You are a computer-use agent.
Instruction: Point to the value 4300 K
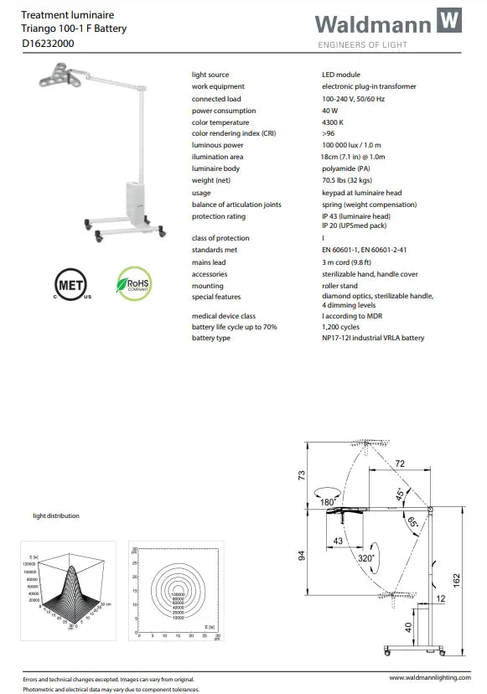coord(334,122)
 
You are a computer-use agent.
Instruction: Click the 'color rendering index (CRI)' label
coord(233,134)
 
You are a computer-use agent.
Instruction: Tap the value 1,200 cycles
coord(341,327)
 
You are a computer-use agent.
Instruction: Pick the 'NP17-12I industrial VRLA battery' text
coord(373,339)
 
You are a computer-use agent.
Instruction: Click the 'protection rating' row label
coord(218,216)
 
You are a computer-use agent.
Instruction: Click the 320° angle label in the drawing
coord(365,557)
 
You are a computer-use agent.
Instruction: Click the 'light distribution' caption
coord(56,515)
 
